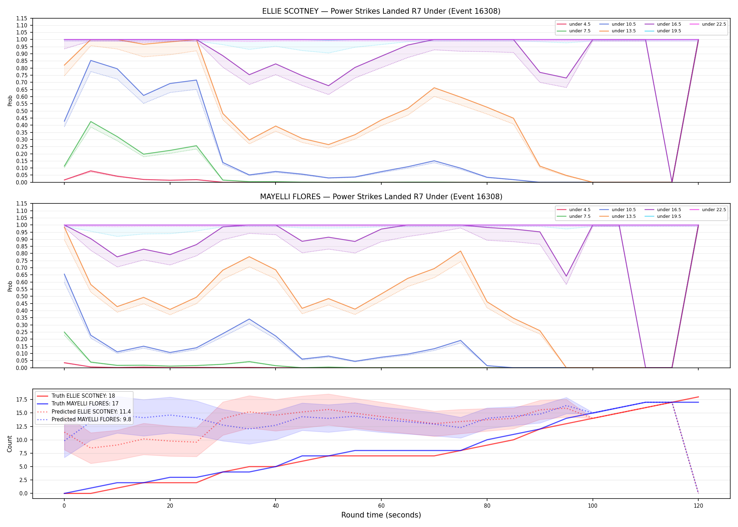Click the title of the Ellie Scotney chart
381,11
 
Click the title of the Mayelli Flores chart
381,197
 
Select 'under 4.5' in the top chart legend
580,24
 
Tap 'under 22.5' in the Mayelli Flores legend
714,210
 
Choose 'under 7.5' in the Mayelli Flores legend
580,216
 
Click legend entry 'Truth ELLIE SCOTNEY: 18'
83,396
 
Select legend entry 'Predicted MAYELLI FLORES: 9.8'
91,419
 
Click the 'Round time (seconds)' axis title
381,515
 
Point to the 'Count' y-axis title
9,444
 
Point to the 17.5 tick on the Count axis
23,399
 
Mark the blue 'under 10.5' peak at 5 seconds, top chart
91,60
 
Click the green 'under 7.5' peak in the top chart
91,122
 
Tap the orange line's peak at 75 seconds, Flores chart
460,251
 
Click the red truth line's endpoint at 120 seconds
698,397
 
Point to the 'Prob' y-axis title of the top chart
10,100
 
